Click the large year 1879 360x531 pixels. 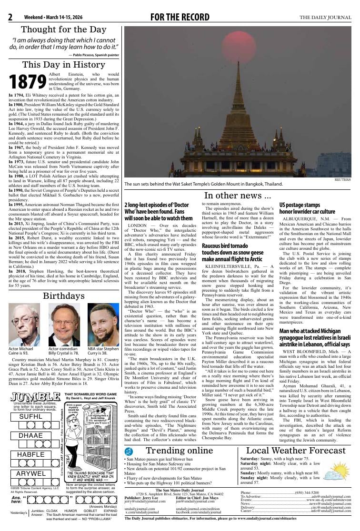click(x=28, y=81)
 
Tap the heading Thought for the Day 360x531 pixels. click(x=64, y=29)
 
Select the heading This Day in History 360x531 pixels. click(x=64, y=65)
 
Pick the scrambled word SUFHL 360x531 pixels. click(x=30, y=416)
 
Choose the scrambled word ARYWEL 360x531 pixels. click(x=31, y=473)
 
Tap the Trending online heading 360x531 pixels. click(x=179, y=451)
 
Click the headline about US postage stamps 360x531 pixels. click(x=307, y=208)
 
